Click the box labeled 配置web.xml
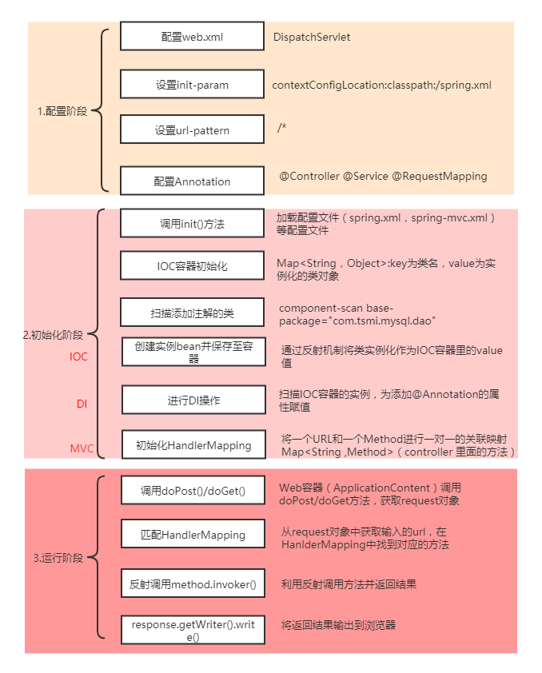pos(192,37)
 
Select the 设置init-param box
pos(192,84)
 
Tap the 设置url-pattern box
pos(192,130)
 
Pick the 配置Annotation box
pos(192,181)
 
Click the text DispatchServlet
pos(311,37)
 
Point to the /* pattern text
pos(281,128)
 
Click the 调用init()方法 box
pos(192,224)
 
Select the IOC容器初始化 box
pos(192,265)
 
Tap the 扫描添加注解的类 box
pos(192,312)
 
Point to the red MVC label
pos(82,448)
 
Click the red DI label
pos(82,404)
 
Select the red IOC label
pos(79,356)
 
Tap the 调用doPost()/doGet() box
pos(192,490)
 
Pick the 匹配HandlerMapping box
pos(192,534)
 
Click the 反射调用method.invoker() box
pos(192,584)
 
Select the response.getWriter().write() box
pos(192,631)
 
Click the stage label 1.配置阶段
pos(62,112)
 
